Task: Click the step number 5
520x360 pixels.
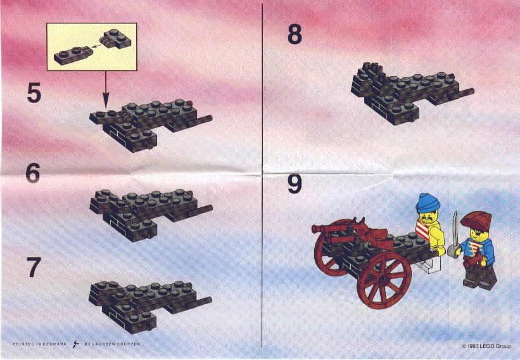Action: pos(34,93)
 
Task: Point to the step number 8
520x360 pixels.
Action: pos(295,34)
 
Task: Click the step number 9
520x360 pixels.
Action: pos(295,184)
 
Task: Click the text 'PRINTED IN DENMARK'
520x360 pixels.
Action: pos(40,344)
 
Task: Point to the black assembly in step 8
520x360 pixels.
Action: pos(405,89)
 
